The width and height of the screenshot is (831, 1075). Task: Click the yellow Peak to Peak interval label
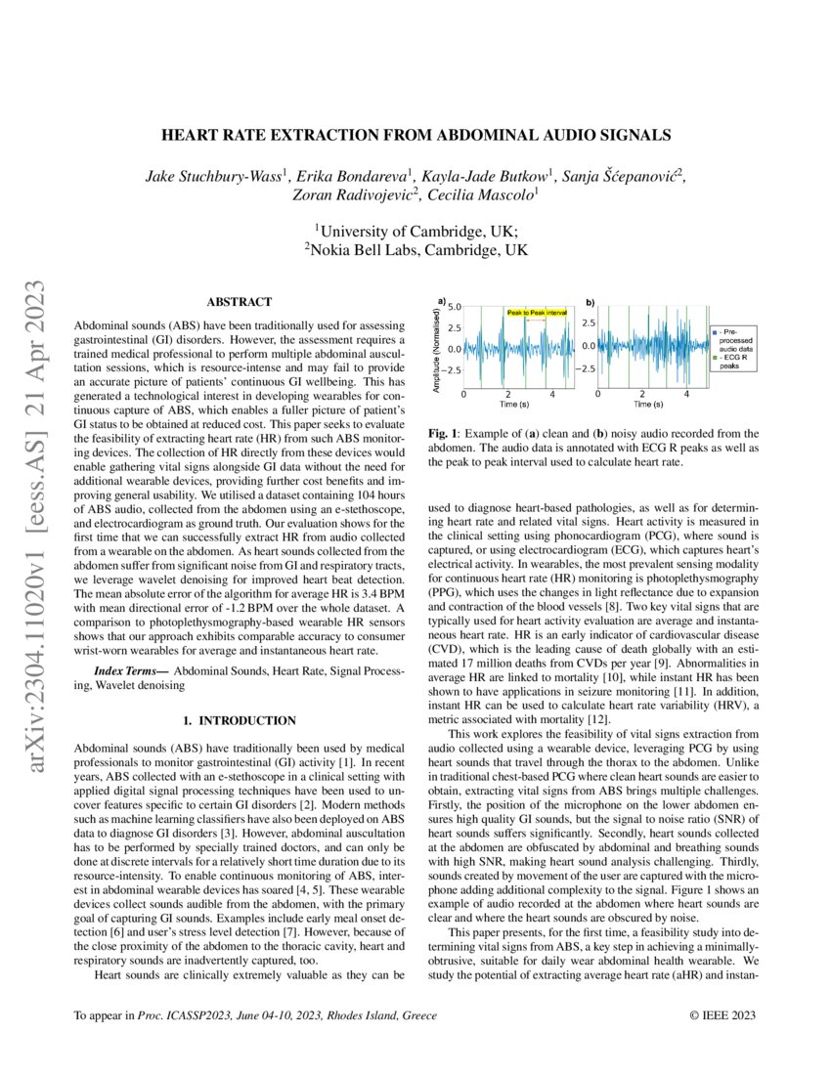pos(537,313)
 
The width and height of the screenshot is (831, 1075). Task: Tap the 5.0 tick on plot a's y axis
pos(455,307)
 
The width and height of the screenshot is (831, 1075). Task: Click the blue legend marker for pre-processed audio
pos(715,333)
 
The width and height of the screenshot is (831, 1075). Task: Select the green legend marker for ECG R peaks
pos(715,360)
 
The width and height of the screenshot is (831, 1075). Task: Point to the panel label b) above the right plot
pos(590,301)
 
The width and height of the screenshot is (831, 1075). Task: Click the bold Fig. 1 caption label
pos(445,433)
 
